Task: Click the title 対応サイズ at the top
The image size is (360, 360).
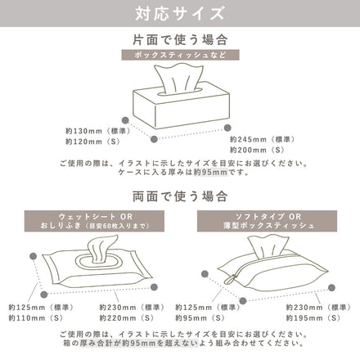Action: point(179,14)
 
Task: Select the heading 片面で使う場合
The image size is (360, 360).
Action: point(179,38)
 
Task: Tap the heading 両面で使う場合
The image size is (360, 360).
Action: point(179,196)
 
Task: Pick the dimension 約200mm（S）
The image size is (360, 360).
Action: point(254,150)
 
